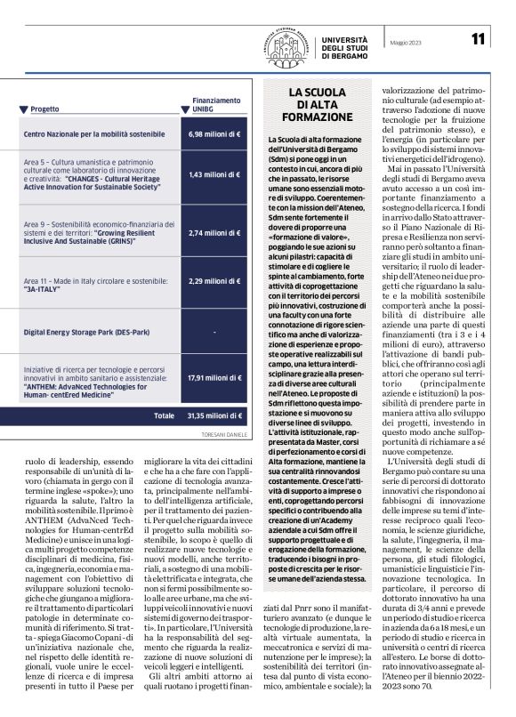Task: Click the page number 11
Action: pyautogui.click(x=479, y=38)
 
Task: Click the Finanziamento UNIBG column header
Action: pyautogui.click(x=216, y=105)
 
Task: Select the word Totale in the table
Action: pyautogui.click(x=164, y=415)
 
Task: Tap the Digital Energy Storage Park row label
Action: pyautogui.click(x=85, y=330)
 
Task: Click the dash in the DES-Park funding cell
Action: pyautogui.click(x=215, y=330)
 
